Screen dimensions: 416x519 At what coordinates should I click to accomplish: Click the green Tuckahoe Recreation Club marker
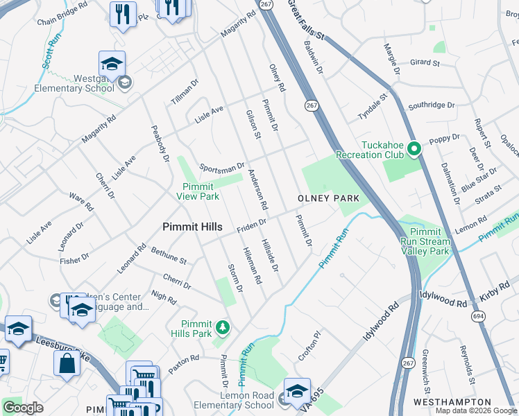coord(414,148)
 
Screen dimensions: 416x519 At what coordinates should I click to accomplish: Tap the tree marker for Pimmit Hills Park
coord(223,327)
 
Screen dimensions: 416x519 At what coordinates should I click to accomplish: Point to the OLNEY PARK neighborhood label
coord(328,198)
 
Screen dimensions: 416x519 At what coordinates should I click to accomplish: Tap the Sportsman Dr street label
coord(221,167)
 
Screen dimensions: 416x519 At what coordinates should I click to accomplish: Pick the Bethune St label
coord(169,257)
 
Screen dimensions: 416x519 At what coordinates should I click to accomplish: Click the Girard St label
coord(425,62)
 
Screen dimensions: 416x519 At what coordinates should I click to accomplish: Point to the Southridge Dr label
coord(431,106)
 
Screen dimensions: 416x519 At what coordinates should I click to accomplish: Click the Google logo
coord(23,408)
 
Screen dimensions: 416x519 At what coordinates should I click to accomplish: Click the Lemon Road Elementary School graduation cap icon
coord(297,392)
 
